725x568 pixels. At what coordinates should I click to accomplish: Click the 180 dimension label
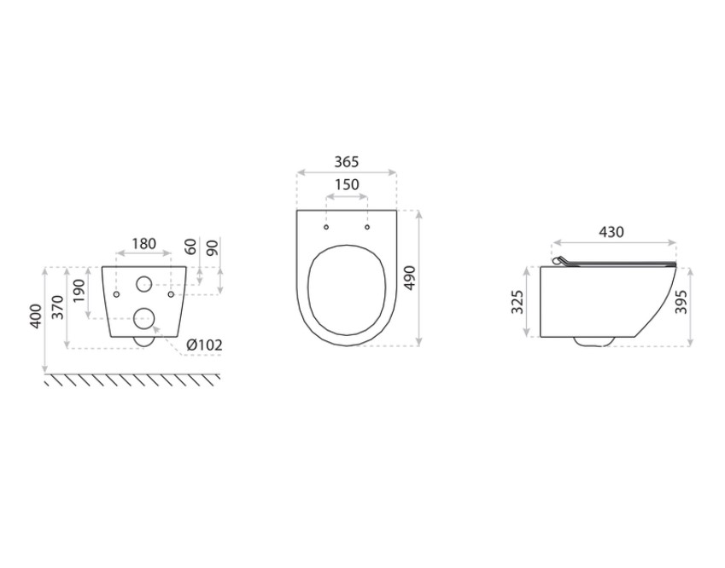click(x=144, y=243)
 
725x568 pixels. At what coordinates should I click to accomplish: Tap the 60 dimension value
click(x=191, y=246)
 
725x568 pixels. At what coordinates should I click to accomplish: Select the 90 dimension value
click(x=213, y=247)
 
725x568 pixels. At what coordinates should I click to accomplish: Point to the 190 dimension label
click(x=79, y=292)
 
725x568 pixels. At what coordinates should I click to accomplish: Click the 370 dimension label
click(x=58, y=307)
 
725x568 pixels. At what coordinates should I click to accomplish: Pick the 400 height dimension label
click(x=36, y=316)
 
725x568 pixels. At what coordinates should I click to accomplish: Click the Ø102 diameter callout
click(x=204, y=345)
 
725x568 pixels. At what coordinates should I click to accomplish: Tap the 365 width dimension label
click(x=347, y=162)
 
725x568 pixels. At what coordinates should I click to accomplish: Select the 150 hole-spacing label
click(x=347, y=184)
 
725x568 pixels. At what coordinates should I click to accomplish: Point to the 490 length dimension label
click(x=410, y=277)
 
